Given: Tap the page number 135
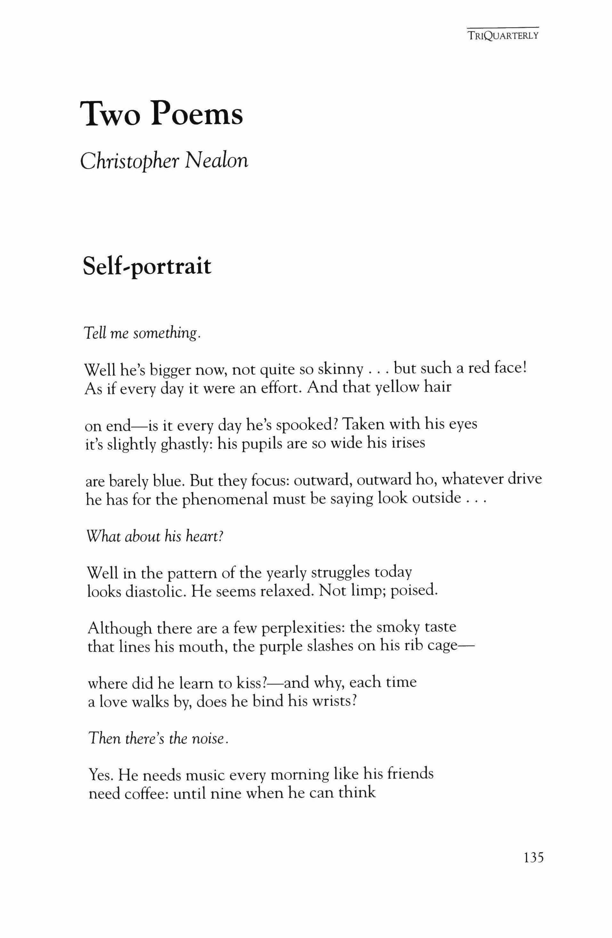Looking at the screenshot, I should point(533,868).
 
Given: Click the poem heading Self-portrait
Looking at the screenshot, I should point(147,267).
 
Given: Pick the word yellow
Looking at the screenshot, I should point(395,388).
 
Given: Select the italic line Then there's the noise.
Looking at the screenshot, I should point(159,738).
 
